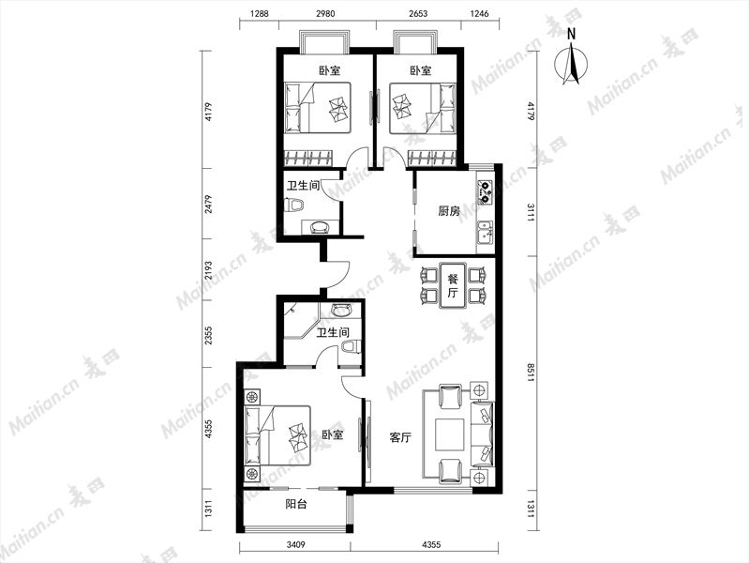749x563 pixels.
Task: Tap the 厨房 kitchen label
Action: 448,211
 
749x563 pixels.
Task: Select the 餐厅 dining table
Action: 453,285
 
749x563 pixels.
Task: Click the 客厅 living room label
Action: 400,437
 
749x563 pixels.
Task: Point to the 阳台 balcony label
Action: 295,504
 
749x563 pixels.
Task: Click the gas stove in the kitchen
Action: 485,190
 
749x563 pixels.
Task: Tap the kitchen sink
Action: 485,233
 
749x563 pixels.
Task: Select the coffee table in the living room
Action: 450,434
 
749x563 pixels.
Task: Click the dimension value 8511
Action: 531,373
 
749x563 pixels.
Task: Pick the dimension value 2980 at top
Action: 325,13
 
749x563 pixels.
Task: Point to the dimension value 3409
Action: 295,544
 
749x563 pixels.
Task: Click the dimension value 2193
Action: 208,270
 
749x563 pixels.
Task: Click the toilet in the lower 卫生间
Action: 352,348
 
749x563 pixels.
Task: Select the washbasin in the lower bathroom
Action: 340,311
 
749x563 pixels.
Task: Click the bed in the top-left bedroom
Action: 318,108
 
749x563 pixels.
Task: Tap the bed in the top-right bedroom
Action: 423,108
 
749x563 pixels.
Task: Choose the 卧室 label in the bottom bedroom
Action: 333,435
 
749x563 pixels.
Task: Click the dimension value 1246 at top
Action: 480,13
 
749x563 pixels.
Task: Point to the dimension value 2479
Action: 208,204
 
